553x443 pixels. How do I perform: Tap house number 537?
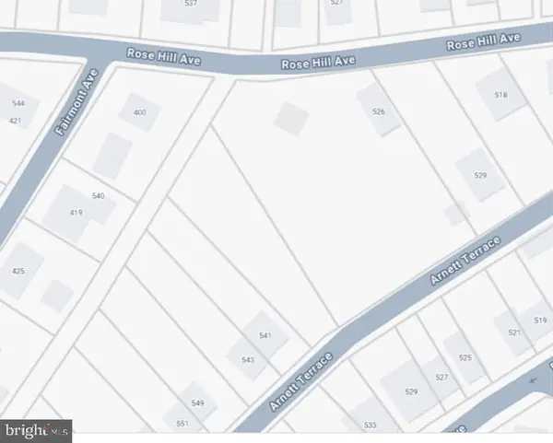(192, 3)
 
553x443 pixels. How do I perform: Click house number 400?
(140, 112)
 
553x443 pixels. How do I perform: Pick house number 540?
(99, 196)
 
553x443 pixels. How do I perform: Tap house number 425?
(18, 271)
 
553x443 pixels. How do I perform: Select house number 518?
(501, 95)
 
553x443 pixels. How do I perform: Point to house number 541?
(265, 336)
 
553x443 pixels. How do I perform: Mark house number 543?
(247, 360)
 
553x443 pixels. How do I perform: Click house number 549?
(197, 403)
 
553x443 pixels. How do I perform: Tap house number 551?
(182, 423)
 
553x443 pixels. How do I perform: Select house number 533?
(371, 425)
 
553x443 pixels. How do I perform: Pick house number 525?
(465, 357)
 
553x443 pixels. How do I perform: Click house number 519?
(540, 321)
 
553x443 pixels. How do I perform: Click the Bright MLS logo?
(37, 428)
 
